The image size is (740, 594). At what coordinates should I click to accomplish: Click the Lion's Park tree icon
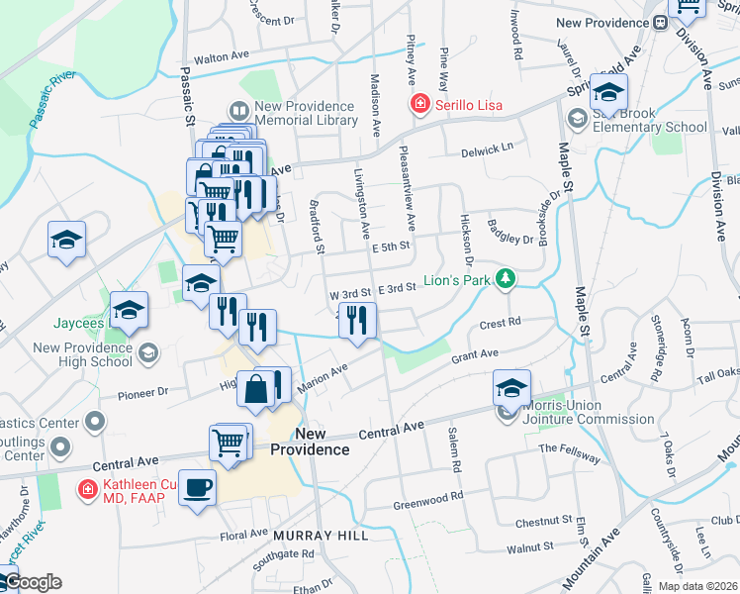click(506, 279)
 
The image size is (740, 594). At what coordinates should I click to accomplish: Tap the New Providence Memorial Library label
click(305, 113)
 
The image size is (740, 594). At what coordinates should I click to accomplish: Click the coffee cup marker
click(197, 487)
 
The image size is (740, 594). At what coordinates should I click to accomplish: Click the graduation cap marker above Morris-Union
click(512, 387)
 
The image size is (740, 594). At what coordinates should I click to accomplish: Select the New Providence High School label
click(83, 354)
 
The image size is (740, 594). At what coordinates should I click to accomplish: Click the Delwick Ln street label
click(488, 149)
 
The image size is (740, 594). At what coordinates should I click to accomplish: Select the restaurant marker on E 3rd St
click(358, 320)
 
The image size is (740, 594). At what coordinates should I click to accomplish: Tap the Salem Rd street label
click(455, 450)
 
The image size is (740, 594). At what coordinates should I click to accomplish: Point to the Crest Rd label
click(500, 323)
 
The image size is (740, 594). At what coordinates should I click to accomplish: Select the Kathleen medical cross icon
click(89, 487)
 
